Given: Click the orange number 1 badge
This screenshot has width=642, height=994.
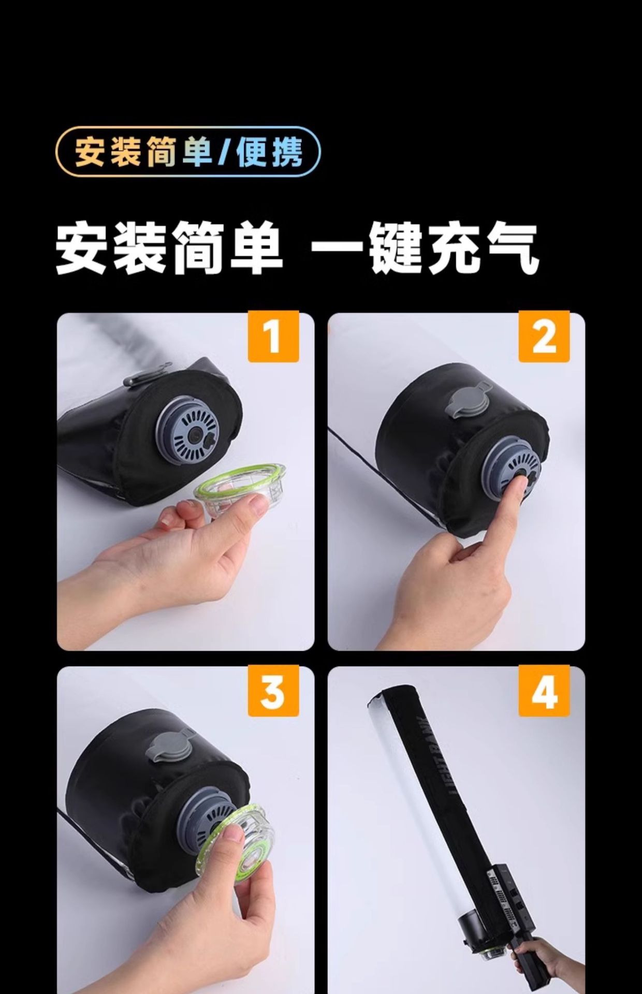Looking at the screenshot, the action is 273,337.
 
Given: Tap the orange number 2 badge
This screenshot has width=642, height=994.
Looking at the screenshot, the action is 544,337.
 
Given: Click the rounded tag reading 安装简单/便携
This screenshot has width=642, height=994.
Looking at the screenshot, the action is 188,151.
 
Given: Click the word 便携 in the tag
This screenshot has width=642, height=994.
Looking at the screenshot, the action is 270,152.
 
